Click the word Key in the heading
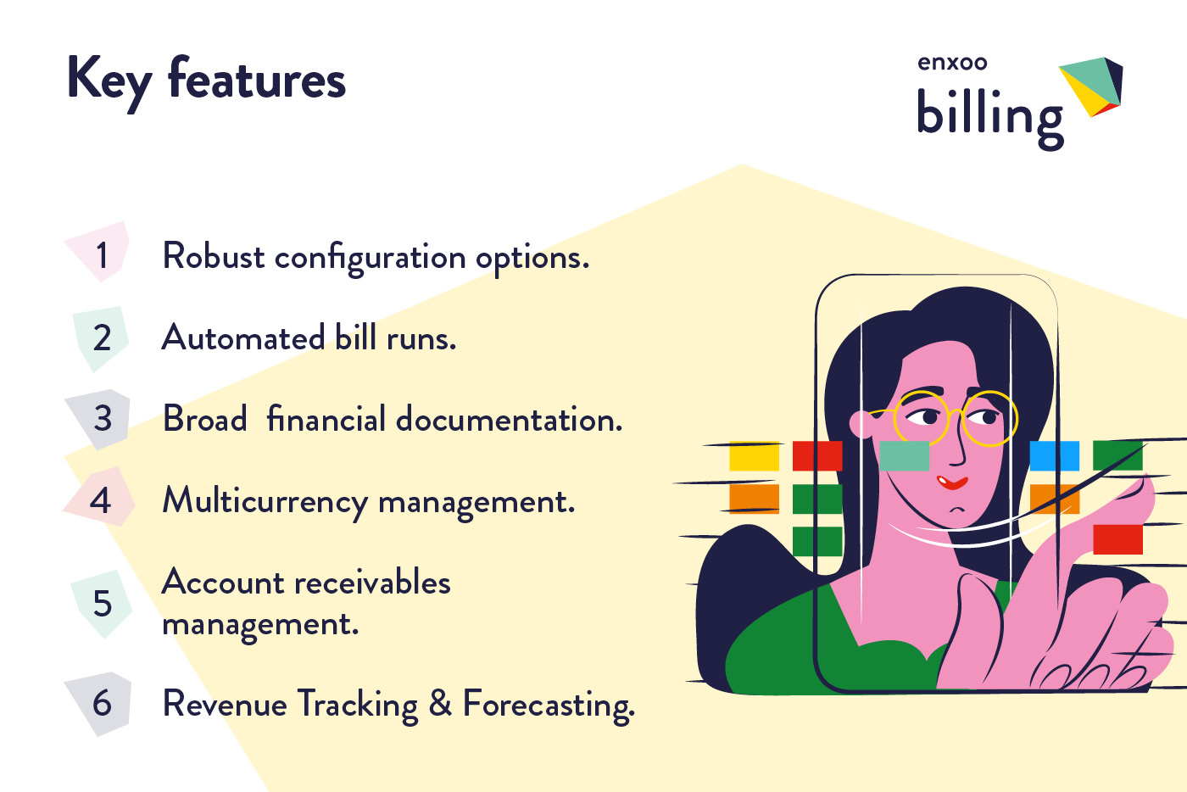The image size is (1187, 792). pos(109,81)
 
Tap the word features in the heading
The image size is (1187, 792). pos(257,79)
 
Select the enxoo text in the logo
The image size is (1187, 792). pos(952,63)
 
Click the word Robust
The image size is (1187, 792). pos(214,256)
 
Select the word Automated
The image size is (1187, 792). pos(242,337)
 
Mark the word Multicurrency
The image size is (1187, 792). pos(265,501)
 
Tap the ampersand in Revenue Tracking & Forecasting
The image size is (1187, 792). pos(440,703)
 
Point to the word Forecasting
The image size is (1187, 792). pos(548,705)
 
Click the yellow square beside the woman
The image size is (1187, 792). pos(754,455)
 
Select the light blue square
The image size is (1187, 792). pos(1054,455)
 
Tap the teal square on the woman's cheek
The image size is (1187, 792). pos(904,455)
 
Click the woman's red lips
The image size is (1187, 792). pos(952,482)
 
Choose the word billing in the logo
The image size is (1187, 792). pos(989,115)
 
